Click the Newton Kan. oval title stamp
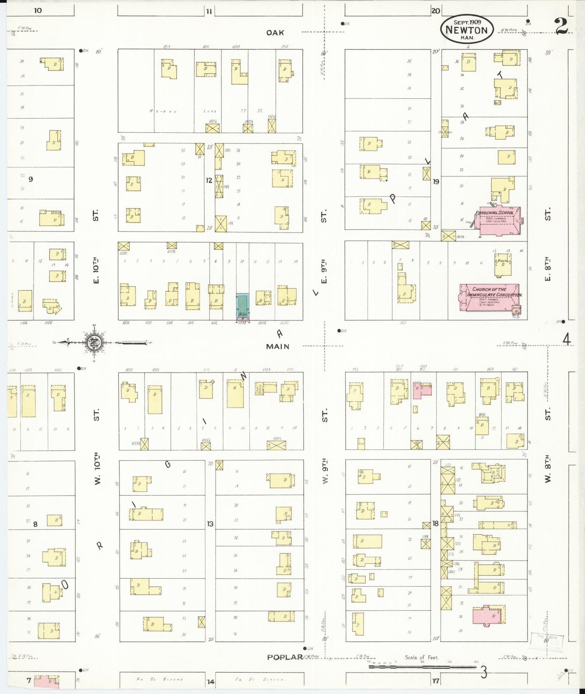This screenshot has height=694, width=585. tap(466, 30)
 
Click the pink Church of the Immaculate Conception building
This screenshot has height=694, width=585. tap(489, 298)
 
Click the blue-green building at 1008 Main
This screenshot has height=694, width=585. tap(243, 307)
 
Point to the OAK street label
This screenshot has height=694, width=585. tap(275, 33)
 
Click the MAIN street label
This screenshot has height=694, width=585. tap(278, 347)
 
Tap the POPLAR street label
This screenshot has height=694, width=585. tap(285, 657)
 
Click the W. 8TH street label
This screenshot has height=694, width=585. tap(548, 468)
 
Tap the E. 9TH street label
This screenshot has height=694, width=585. tap(323, 271)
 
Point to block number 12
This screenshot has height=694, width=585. tap(209, 181)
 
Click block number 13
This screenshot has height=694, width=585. tap(210, 524)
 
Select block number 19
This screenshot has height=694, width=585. tap(436, 182)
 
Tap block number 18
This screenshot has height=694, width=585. tap(435, 524)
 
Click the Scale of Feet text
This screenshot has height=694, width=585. tap(421, 658)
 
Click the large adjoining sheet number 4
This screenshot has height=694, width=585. tap(566, 340)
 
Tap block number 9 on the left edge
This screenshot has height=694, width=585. tap(31, 179)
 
